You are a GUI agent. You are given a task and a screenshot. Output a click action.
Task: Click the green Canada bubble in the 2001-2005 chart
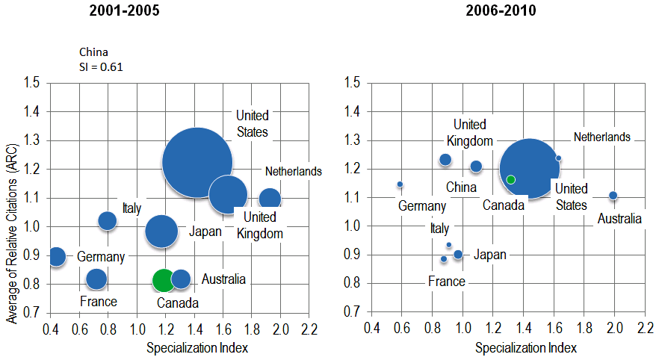pyautogui.click(x=163, y=281)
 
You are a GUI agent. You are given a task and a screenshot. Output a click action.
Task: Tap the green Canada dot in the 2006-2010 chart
pyautogui.click(x=510, y=179)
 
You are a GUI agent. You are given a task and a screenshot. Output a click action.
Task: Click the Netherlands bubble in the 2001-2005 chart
pyautogui.click(x=270, y=199)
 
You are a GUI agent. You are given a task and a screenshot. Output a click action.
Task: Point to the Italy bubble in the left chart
pyautogui.click(x=108, y=220)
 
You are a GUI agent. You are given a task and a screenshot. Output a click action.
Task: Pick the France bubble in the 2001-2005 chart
pyautogui.click(x=96, y=279)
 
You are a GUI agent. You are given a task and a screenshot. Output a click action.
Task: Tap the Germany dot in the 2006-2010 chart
pyautogui.click(x=400, y=184)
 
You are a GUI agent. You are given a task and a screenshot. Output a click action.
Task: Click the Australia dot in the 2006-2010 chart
pyautogui.click(x=613, y=196)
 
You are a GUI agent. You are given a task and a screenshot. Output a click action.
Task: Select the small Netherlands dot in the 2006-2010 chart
pyautogui.click(x=558, y=158)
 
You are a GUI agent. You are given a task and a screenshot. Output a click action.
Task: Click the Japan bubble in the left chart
pyautogui.click(x=161, y=231)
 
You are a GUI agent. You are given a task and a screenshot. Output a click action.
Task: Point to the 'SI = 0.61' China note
pyautogui.click(x=101, y=66)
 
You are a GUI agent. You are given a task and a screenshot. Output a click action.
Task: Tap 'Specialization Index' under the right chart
pyautogui.click(x=526, y=347)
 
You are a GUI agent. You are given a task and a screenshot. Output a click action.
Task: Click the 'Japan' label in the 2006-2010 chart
pyautogui.click(x=490, y=255)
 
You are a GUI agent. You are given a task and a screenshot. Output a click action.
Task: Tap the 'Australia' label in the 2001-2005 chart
pyautogui.click(x=223, y=279)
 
